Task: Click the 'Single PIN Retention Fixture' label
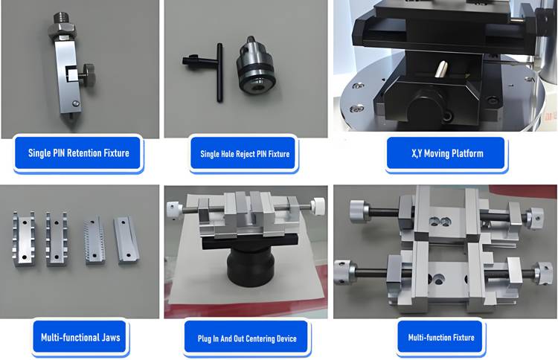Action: (x=79, y=153)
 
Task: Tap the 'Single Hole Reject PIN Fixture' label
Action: (x=245, y=154)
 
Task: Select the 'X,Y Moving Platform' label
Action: (x=447, y=153)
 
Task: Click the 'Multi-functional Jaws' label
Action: (x=80, y=337)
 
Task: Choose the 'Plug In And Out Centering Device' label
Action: (x=247, y=338)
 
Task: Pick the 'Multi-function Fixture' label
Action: (x=441, y=337)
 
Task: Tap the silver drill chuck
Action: (x=254, y=65)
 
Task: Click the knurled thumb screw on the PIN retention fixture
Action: (x=86, y=74)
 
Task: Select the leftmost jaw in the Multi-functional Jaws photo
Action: (x=24, y=238)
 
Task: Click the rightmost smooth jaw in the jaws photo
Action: (x=127, y=240)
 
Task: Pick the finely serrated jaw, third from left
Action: (x=94, y=240)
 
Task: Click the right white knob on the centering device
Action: (x=318, y=206)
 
